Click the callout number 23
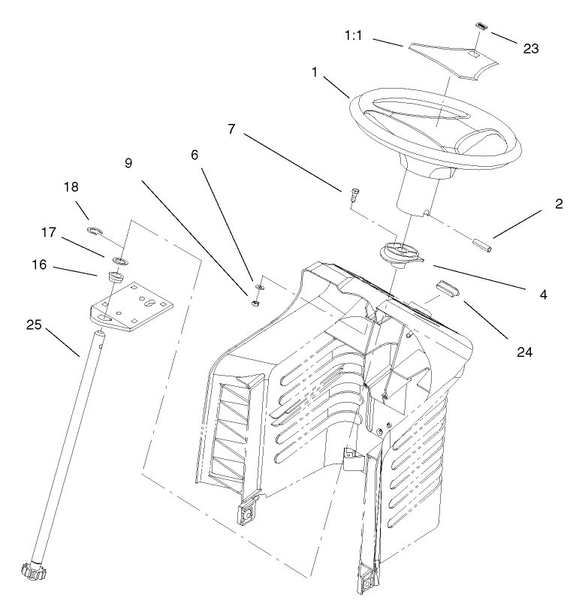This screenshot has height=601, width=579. click(531, 50)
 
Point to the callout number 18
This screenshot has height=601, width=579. click(71, 186)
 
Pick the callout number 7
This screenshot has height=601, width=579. click(232, 129)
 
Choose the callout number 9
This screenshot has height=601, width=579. click(128, 163)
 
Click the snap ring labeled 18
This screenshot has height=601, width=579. click(95, 230)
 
